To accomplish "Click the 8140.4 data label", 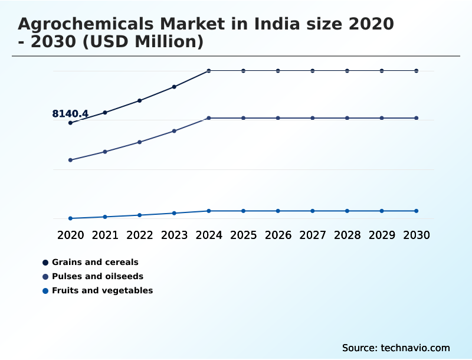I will tap(70, 114).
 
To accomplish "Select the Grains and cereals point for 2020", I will tap(70, 123).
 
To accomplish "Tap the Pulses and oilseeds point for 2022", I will tap(140, 142).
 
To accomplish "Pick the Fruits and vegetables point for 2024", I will tap(209, 211).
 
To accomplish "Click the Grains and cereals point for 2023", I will tap(174, 87).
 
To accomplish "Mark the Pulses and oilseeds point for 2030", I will tap(417, 118).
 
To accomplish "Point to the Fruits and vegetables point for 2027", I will tap(313, 211).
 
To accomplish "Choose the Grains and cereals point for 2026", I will tap(278, 71).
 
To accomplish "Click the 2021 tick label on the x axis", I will tap(105, 235).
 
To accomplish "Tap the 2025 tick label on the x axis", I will tap(243, 235).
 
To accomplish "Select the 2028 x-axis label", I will tap(347, 235).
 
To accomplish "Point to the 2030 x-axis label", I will tap(417, 235).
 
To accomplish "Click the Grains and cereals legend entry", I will tap(95, 262).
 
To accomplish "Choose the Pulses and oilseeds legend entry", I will tap(97, 276).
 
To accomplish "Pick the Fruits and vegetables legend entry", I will tap(102, 290).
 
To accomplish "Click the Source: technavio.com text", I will tap(396, 348).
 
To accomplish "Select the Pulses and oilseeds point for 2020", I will tap(70, 160).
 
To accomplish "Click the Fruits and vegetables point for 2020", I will tap(70, 218).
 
